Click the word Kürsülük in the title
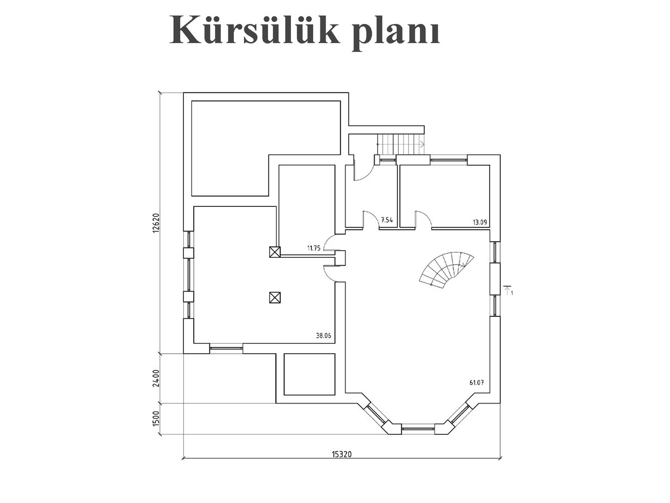coord(254,30)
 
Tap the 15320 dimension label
coord(342,463)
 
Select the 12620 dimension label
coord(156,223)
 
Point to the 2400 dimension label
coord(156,378)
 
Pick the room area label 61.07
coord(477,382)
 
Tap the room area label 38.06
coord(323,336)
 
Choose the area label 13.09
coord(480,222)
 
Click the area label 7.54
coord(387,220)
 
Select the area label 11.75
coord(314,248)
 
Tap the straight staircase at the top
coord(401,144)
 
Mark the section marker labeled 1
coord(508,291)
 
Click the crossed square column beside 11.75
coord(275,252)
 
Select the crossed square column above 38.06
coord(275,297)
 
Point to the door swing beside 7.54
coord(371,219)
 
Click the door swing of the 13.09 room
coord(423,219)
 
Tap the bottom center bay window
coord(418,429)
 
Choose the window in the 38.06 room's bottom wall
coord(226,348)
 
